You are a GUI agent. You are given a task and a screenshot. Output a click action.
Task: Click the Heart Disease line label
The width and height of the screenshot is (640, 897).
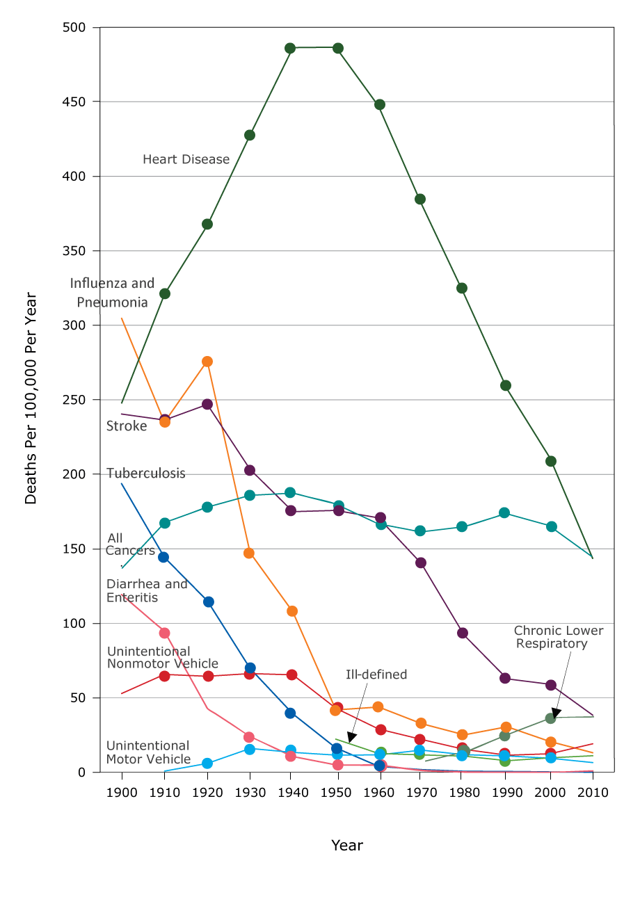(x=186, y=159)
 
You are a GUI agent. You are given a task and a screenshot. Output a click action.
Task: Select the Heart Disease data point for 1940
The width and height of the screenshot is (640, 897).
(x=290, y=48)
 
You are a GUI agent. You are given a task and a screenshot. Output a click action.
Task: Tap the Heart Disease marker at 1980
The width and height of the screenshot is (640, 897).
(x=461, y=288)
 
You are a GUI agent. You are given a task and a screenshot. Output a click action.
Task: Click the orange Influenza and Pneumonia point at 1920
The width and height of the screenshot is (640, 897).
(x=207, y=362)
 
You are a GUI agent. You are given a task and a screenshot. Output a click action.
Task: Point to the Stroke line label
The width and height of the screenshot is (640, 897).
(x=126, y=426)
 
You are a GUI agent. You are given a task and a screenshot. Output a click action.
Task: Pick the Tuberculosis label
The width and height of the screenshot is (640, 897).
(x=145, y=474)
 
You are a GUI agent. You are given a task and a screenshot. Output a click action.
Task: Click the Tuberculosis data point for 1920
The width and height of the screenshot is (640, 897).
(x=207, y=601)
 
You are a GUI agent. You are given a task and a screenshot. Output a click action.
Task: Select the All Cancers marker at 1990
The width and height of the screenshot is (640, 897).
(x=504, y=512)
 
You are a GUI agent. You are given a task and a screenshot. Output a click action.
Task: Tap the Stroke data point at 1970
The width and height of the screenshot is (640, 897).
(x=421, y=563)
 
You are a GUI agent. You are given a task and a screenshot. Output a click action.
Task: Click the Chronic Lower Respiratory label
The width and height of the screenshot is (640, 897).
(x=558, y=637)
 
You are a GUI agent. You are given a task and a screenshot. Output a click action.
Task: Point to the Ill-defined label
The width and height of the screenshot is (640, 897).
(x=376, y=674)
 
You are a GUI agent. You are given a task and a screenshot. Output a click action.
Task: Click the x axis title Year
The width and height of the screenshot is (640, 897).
(x=346, y=846)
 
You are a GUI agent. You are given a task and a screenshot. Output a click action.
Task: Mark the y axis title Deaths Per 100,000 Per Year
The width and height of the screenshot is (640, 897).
(x=31, y=398)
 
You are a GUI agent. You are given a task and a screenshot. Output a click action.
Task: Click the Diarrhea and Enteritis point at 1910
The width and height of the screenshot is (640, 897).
(x=164, y=633)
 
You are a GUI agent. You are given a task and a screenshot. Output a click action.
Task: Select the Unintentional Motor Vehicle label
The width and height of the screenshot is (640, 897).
(x=147, y=752)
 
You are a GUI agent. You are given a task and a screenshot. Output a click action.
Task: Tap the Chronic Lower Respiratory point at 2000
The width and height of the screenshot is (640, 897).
(x=550, y=718)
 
